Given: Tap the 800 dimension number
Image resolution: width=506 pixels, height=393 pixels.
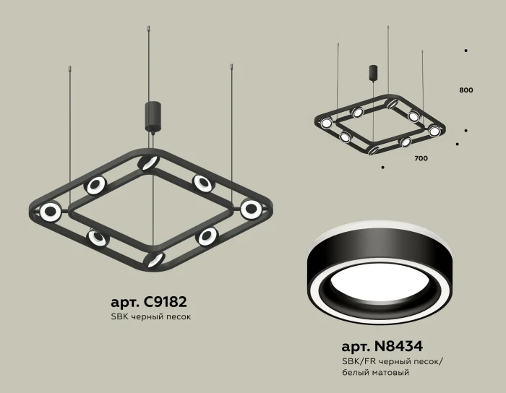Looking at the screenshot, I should pos(466,90).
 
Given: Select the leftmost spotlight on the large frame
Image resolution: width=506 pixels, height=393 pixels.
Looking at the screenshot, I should pos(50,212).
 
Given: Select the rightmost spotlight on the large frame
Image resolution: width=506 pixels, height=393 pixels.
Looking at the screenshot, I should pos(251,209).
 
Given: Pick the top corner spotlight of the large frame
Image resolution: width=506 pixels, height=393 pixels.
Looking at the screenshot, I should pos(150,161).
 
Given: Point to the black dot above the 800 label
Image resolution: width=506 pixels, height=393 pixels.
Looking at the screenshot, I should pos(466,51).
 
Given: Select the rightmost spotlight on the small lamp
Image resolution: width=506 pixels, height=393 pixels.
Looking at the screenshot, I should pos(434,131).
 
